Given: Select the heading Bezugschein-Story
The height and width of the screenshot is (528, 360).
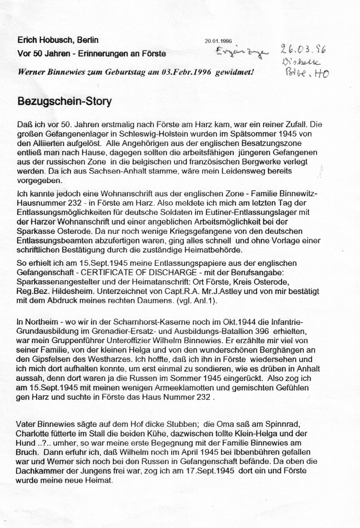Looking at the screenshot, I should point(64,101).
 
